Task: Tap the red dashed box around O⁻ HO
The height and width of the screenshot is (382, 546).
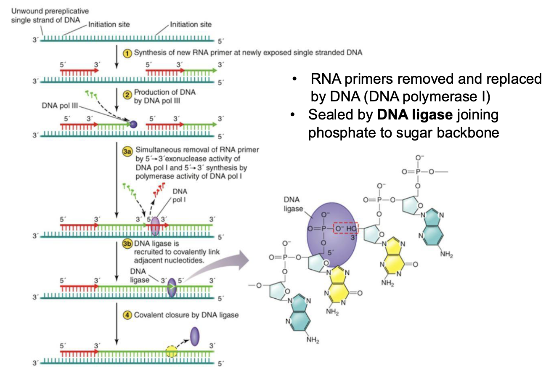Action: pos(345,229)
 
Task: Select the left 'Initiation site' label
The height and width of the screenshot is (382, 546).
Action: pos(109,24)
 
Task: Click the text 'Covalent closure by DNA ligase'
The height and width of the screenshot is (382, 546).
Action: pos(186,315)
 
